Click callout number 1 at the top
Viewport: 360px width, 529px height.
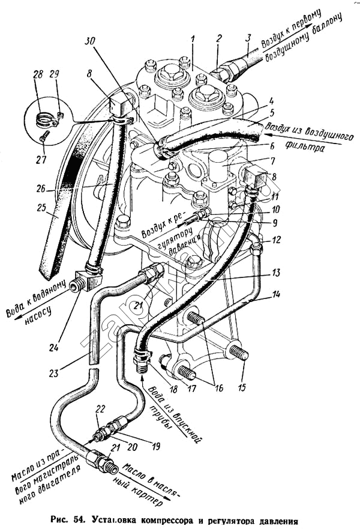coord(193,40)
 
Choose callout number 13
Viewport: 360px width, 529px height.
coord(276,272)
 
